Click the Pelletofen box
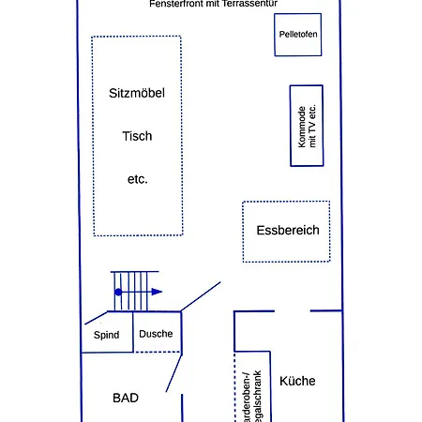coord(299,35)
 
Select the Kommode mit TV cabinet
coord(307,126)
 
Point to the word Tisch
coord(137,136)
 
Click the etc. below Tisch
coord(137,178)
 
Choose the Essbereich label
coord(287,230)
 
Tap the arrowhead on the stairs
coord(157,292)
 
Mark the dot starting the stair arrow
coord(117,292)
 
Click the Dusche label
coord(156,334)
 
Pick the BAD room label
coord(126,398)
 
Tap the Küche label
coord(297,381)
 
